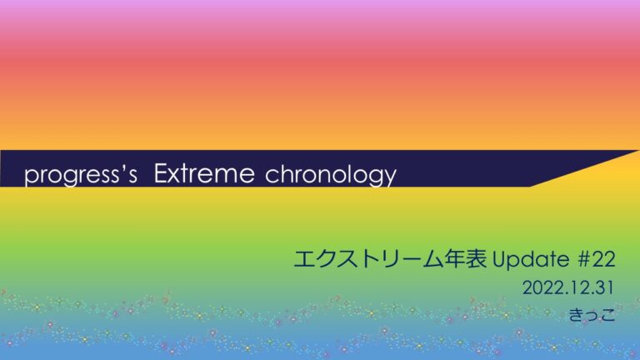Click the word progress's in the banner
click(81, 175)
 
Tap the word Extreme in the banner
click(204, 173)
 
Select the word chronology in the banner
click(331, 176)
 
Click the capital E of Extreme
click(161, 173)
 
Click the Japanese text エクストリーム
click(368, 259)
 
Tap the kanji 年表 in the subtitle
click(465, 259)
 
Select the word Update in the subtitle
click(531, 260)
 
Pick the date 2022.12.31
click(568, 288)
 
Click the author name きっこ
click(592, 315)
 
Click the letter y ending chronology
click(391, 178)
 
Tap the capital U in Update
click(500, 260)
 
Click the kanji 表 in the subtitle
click(476, 259)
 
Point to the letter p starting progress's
click(31, 177)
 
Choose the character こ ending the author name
click(607, 315)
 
